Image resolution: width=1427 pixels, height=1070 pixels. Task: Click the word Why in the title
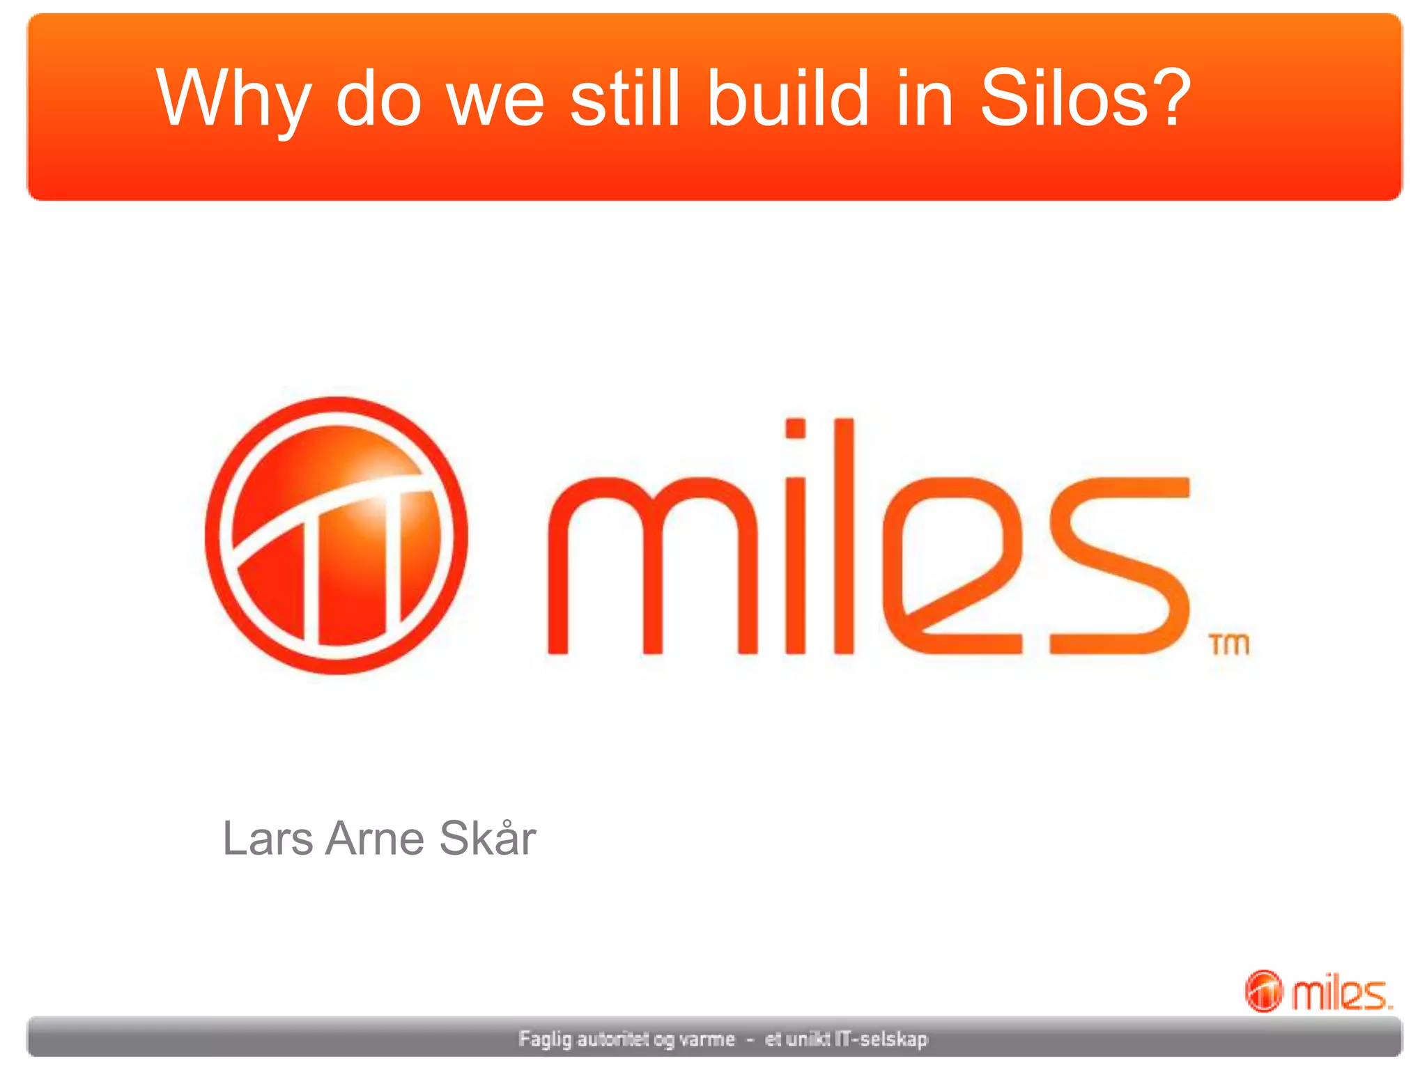(233, 99)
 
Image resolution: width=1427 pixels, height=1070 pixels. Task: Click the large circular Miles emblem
(337, 535)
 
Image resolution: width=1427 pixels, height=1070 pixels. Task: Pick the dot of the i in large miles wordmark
(795, 428)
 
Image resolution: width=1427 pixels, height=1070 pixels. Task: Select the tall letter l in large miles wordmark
(843, 536)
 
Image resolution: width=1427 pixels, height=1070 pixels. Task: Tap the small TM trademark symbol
(1230, 644)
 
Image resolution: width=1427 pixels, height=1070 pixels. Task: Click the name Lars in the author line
(268, 838)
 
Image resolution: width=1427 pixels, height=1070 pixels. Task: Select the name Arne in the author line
(375, 838)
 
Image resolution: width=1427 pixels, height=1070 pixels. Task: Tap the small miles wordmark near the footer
(1342, 993)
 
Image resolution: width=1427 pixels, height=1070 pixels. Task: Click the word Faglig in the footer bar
(545, 1039)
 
